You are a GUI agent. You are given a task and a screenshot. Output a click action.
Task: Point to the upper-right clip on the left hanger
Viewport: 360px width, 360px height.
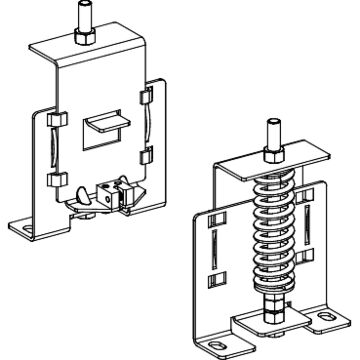[144, 97]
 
